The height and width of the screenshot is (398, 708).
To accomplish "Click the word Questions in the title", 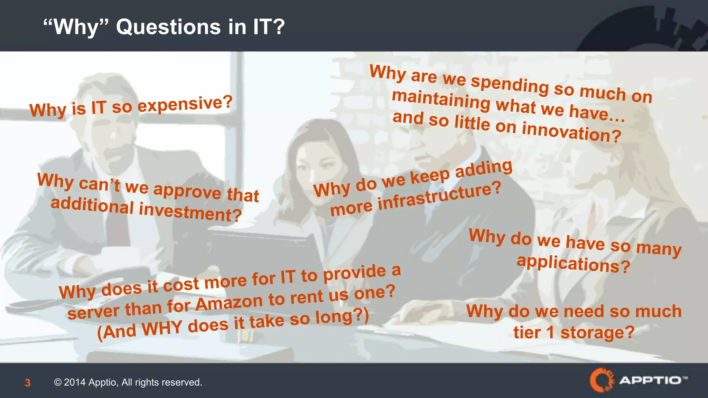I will (x=168, y=27).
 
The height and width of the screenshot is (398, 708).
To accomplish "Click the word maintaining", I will (x=441, y=100).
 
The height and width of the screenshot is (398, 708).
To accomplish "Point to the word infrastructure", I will (x=439, y=197).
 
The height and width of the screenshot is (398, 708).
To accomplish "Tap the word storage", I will (x=597, y=333).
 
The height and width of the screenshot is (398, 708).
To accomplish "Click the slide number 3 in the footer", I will (x=28, y=383).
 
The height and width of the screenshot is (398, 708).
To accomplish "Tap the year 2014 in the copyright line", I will (x=74, y=382).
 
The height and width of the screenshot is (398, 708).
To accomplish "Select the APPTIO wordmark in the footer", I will (x=650, y=380).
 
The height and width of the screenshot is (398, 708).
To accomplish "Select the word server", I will (x=93, y=312).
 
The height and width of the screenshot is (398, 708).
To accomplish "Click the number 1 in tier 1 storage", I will (x=550, y=333).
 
